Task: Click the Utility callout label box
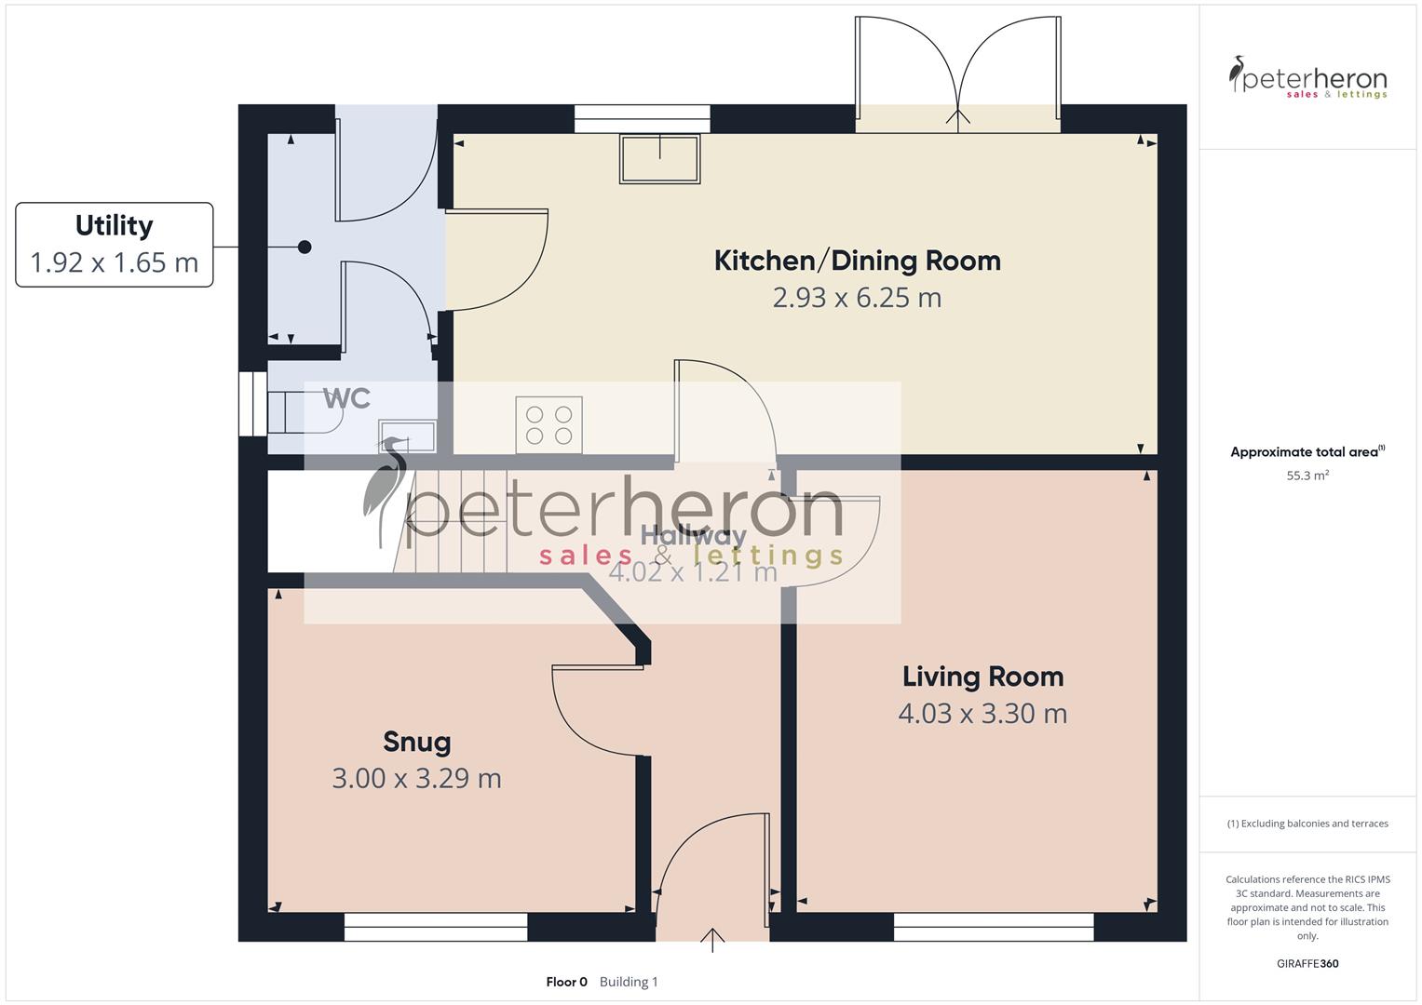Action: click(115, 245)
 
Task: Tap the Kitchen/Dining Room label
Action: click(857, 261)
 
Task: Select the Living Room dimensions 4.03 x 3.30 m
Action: click(982, 714)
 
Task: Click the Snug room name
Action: click(417, 742)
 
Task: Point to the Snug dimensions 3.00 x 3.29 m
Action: click(417, 778)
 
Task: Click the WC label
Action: click(346, 399)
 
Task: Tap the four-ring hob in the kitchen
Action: click(549, 425)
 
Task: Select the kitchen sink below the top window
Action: click(660, 158)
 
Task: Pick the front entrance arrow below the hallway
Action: click(713, 939)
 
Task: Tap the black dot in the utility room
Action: click(305, 248)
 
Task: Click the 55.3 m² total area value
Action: click(1307, 476)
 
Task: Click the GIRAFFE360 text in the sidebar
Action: click(1307, 963)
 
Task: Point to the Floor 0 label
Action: click(566, 982)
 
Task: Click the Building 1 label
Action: click(629, 982)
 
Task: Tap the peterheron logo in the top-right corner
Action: click(1307, 77)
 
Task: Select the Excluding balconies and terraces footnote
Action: click(1307, 824)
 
